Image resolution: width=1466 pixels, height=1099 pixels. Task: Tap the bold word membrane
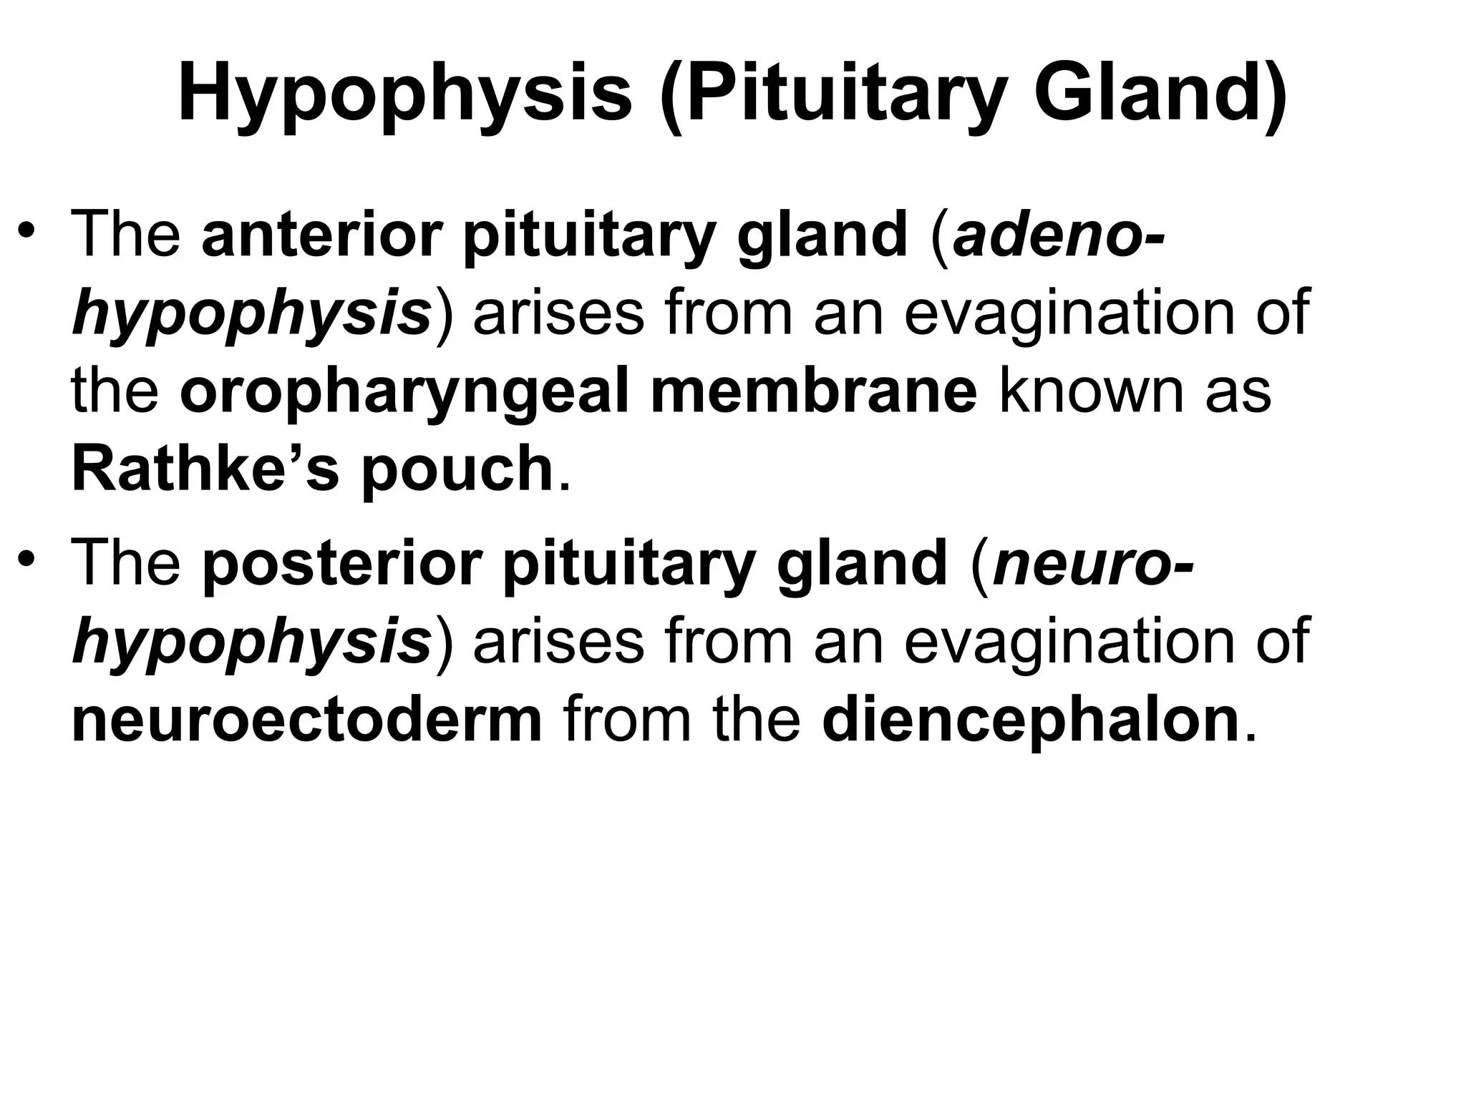tap(813, 391)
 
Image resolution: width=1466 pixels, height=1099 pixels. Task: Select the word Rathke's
tap(205, 469)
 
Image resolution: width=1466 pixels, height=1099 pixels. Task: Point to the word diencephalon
tap(1031, 721)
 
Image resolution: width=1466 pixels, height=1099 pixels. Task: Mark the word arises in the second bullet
tap(559, 642)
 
